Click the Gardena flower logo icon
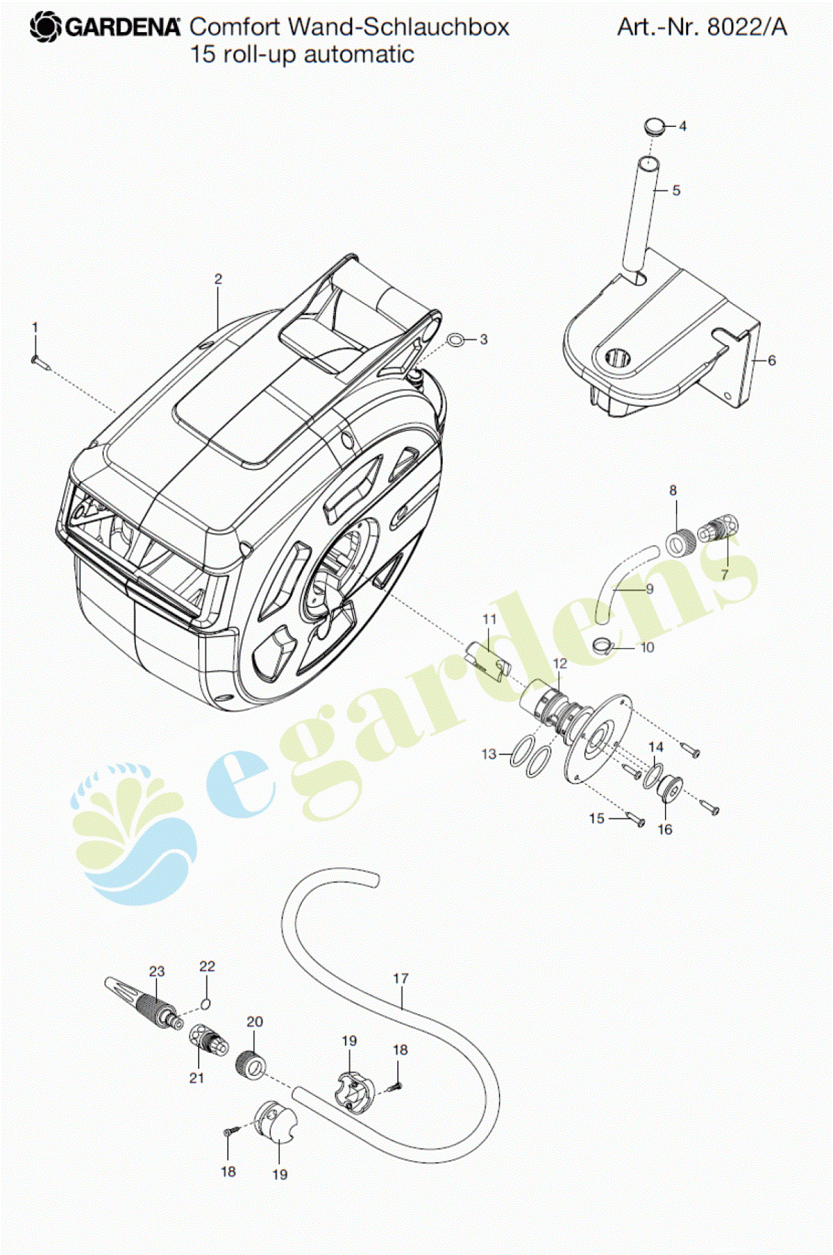pos(46,27)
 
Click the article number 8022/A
pos(747,27)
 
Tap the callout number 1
pos(35,327)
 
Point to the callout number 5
pos(676,190)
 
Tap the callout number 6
pos(772,360)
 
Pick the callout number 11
pos(489,619)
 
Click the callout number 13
pos(489,754)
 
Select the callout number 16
pos(664,829)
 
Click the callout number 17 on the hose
pos(400,979)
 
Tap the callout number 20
pos(255,1022)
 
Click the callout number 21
pos(197,1079)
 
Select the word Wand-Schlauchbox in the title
pos(399,27)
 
